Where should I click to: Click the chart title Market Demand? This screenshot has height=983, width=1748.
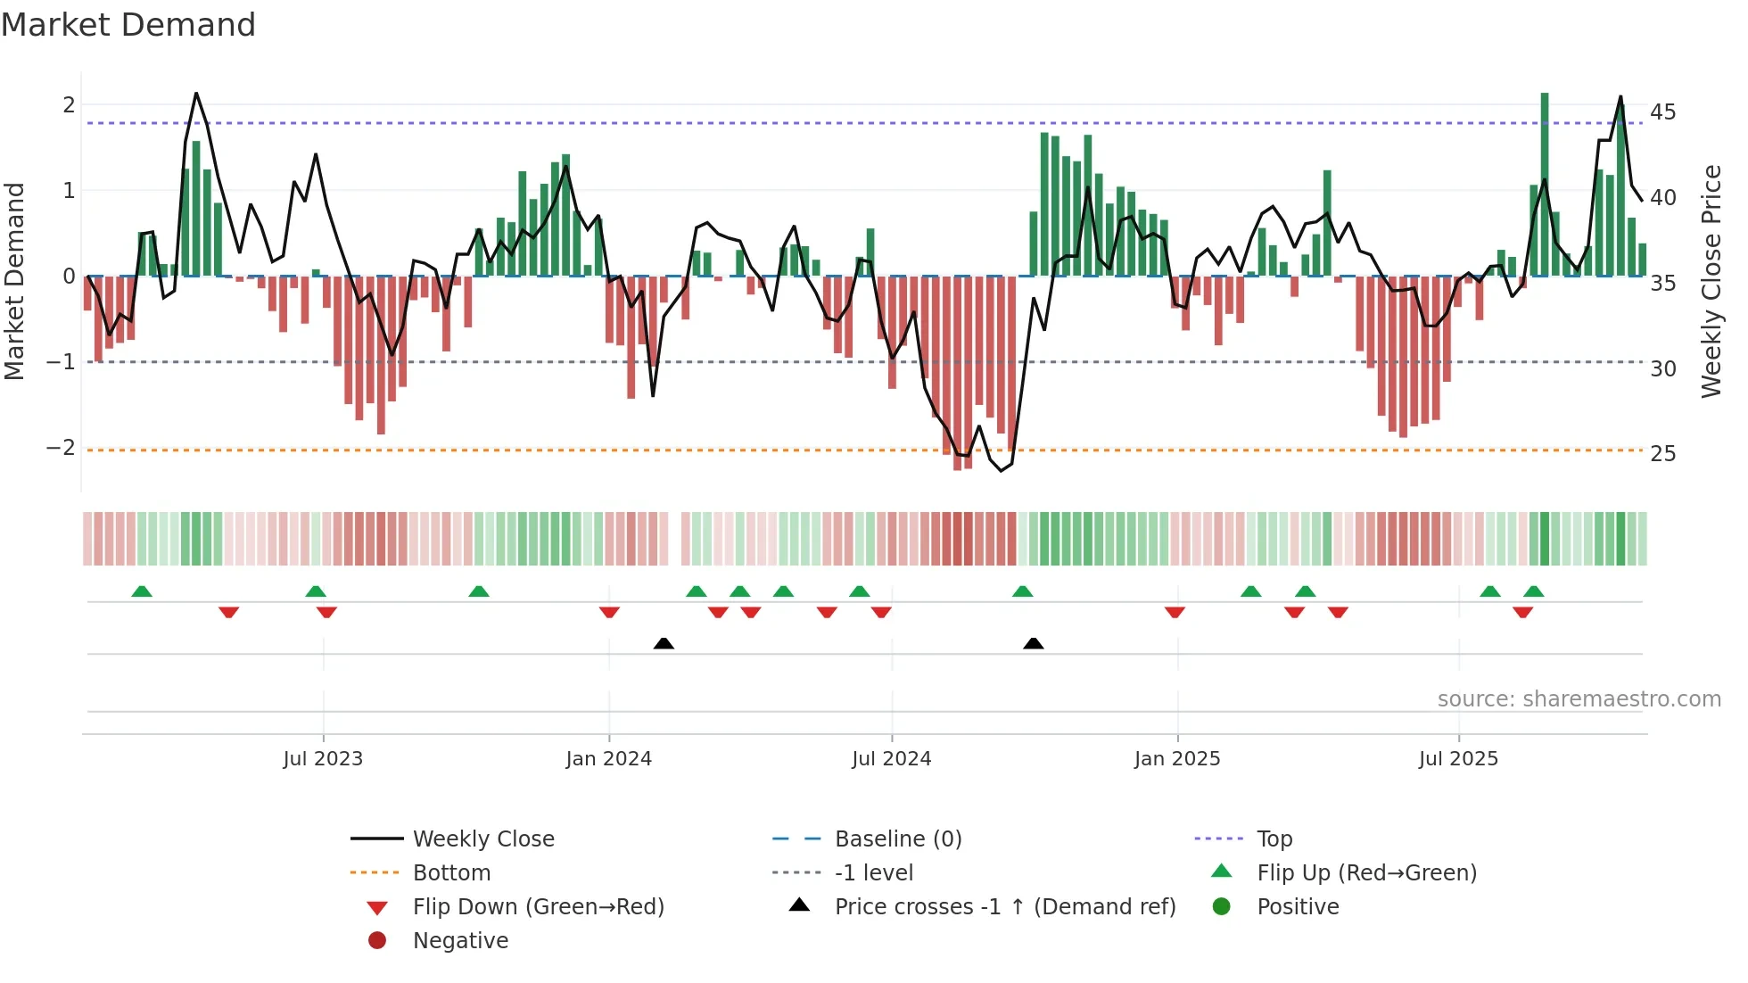point(128,25)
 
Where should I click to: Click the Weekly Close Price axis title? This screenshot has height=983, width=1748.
point(1711,281)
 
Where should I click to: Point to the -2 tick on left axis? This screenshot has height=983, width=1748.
point(62,448)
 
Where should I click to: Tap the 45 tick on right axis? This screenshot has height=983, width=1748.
point(1662,112)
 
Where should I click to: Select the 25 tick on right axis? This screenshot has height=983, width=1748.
point(1662,454)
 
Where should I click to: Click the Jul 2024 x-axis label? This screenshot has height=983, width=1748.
point(891,759)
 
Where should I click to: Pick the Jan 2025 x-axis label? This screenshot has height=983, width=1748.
point(1176,759)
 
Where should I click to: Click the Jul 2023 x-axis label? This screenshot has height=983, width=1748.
point(323,759)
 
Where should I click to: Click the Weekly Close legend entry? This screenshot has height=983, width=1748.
point(482,839)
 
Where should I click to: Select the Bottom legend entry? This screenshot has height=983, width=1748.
point(451,873)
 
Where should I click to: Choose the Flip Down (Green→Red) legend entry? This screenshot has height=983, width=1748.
point(538,907)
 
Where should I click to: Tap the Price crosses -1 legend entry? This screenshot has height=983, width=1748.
point(1004,907)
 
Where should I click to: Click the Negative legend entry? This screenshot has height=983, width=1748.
point(460,941)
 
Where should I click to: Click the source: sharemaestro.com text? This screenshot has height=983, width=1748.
point(1579,699)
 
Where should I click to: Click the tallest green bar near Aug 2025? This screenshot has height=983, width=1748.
point(1545,183)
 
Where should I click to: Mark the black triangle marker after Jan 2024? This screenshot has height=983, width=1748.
point(664,643)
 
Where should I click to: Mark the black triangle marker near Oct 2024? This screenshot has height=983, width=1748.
point(1033,643)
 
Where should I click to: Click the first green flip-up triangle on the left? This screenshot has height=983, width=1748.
point(142,591)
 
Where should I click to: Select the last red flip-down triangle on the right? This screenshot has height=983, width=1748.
point(1522,612)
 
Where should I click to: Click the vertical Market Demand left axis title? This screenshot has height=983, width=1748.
point(14,281)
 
